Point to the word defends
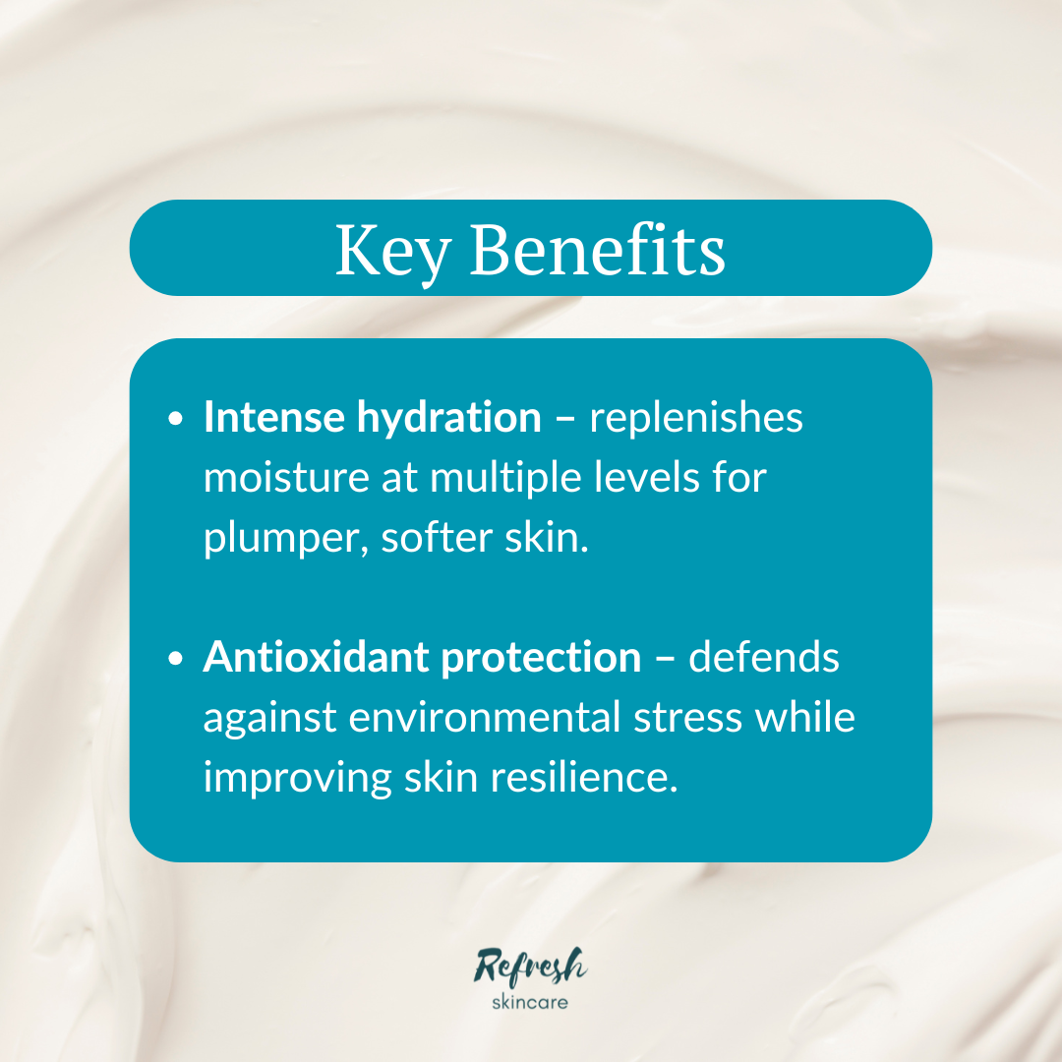[x=764, y=658]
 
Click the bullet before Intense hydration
[x=176, y=420]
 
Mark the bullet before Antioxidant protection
[x=176, y=660]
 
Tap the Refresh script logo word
[x=530, y=966]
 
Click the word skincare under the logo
[x=530, y=1004]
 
